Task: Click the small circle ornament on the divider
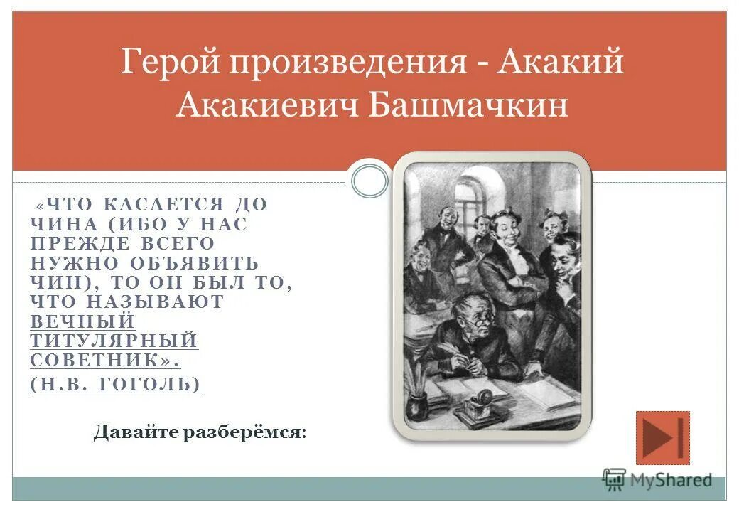click(x=370, y=181)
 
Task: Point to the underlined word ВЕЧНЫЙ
click(x=82, y=321)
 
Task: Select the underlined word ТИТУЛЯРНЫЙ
click(x=114, y=341)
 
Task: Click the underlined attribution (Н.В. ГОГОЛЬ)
click(x=116, y=384)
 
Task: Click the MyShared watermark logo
click(x=657, y=480)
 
